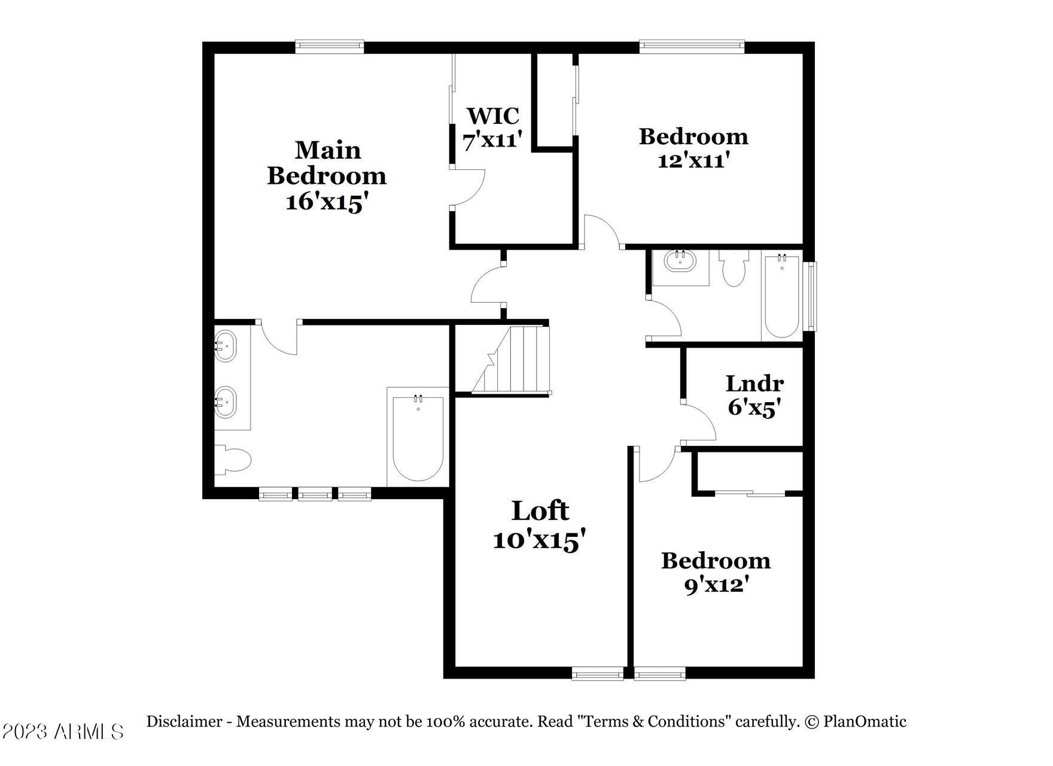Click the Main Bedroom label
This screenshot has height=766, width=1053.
(x=327, y=163)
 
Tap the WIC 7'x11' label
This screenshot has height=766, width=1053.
(x=493, y=127)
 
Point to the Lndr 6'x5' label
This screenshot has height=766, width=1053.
(x=754, y=396)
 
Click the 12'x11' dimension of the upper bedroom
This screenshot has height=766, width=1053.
(x=693, y=160)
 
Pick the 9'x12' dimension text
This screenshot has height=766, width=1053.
(x=717, y=584)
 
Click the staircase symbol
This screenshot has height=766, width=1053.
(x=511, y=359)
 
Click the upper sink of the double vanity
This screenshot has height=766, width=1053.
(x=225, y=346)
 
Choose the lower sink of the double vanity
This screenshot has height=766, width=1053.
(x=225, y=402)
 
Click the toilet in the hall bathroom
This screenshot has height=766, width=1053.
(x=733, y=268)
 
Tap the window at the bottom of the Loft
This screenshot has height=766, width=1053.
(x=598, y=674)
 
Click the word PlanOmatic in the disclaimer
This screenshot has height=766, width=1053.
(x=865, y=722)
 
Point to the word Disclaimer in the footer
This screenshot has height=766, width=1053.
(x=184, y=722)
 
